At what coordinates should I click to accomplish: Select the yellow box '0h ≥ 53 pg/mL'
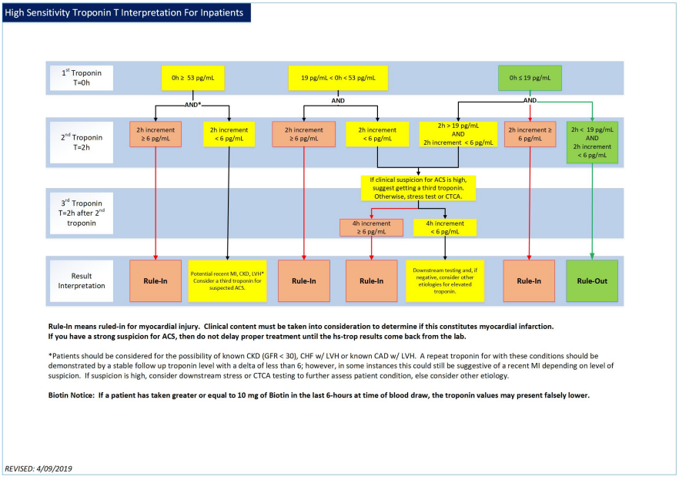[192, 77]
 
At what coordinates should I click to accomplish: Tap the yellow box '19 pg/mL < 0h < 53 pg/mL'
[338, 77]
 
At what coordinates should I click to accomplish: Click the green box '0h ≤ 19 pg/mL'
[530, 77]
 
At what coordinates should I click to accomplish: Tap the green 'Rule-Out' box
[592, 280]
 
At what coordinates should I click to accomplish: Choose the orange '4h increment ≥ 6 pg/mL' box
[371, 227]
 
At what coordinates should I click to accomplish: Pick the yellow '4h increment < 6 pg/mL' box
[445, 227]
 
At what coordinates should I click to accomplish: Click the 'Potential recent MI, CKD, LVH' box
[228, 280]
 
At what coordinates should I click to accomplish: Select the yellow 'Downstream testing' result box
[445, 280]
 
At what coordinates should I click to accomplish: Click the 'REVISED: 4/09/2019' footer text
[38, 468]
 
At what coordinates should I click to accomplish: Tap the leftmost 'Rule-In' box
[156, 280]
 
